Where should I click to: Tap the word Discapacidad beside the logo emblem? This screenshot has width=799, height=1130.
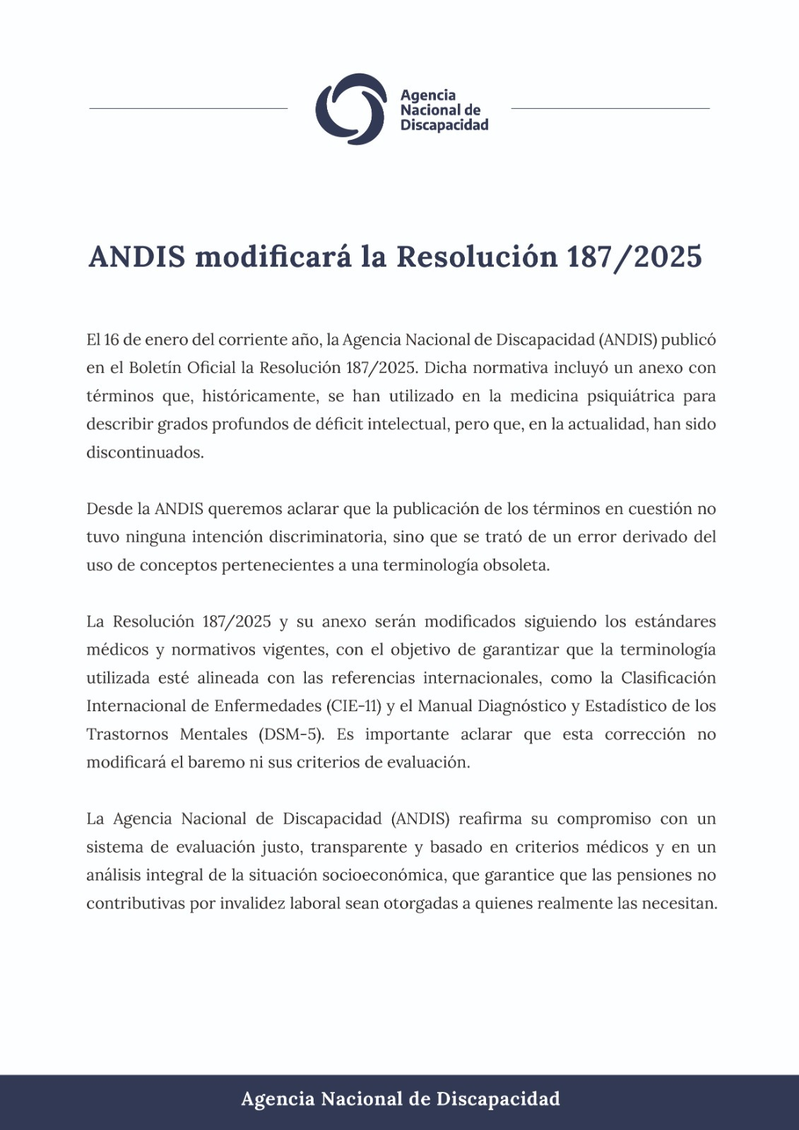coord(444,125)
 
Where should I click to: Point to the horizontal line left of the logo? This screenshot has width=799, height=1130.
coord(189,108)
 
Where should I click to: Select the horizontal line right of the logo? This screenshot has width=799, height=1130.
coord(610,108)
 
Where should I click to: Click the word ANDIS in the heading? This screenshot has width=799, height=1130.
coord(137,256)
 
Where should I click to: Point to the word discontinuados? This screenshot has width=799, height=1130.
coord(145,453)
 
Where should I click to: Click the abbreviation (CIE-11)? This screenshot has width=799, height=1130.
coord(354,706)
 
